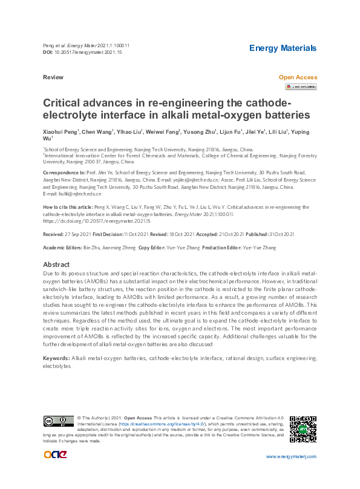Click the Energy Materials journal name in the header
coord(283,48)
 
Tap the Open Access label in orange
coord(298,77)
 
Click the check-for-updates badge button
coord(301,87)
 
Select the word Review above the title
coord(53,78)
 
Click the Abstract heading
coord(56,265)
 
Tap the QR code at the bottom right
coord(303,429)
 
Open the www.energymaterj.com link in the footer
coord(291,456)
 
